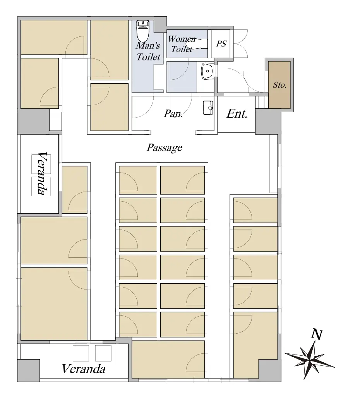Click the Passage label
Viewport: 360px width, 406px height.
(165, 147)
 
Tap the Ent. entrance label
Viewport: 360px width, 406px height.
(237, 114)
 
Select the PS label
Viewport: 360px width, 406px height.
(221, 44)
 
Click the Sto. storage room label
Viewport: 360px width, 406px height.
(279, 85)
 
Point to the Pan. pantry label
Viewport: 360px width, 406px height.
(173, 113)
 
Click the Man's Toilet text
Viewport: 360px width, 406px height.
(148, 51)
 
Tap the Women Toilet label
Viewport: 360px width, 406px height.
(182, 44)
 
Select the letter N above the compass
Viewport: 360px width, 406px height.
(317, 334)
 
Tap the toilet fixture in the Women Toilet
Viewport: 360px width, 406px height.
(197, 44)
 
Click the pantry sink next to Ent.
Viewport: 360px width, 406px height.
(208, 108)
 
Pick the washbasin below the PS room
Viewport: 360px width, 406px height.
(207, 71)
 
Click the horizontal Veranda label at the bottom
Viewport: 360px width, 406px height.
(84, 369)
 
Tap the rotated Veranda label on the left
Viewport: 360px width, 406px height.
(43, 173)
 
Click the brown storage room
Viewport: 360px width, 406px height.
(279, 85)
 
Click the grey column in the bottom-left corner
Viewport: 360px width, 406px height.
(29, 370)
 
